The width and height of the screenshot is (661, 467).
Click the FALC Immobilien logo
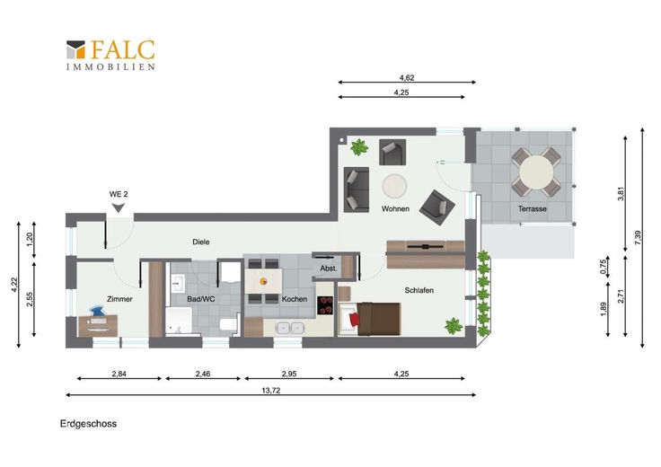110,55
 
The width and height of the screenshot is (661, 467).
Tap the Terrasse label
532,208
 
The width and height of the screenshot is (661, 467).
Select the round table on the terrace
536,172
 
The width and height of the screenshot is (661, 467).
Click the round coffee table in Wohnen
394,186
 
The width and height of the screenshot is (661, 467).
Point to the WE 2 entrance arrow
119,207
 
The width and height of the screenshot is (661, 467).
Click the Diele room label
200,242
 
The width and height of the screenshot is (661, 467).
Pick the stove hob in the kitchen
325,305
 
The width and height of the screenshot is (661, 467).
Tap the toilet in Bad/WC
228,324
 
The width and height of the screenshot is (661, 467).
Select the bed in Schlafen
370,319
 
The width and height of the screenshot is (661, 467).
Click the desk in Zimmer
98,325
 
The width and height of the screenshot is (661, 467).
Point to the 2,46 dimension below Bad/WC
203,374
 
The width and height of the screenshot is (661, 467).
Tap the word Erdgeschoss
89,424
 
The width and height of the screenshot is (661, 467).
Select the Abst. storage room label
329,268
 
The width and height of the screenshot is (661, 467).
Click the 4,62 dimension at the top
407,77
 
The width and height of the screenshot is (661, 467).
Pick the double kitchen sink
290,328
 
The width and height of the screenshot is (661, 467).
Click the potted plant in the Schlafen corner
454,326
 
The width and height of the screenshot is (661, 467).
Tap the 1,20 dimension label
29,240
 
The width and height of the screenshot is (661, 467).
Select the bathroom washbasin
177,283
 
